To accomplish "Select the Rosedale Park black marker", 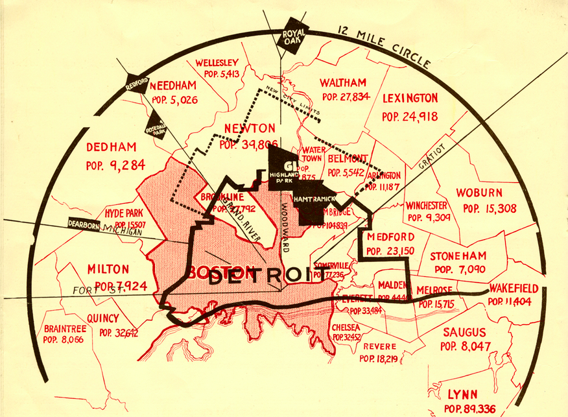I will (x=156, y=125).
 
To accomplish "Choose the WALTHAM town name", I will (x=343, y=83).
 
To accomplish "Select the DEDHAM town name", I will (x=111, y=147).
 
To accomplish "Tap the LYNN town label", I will (x=463, y=394).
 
